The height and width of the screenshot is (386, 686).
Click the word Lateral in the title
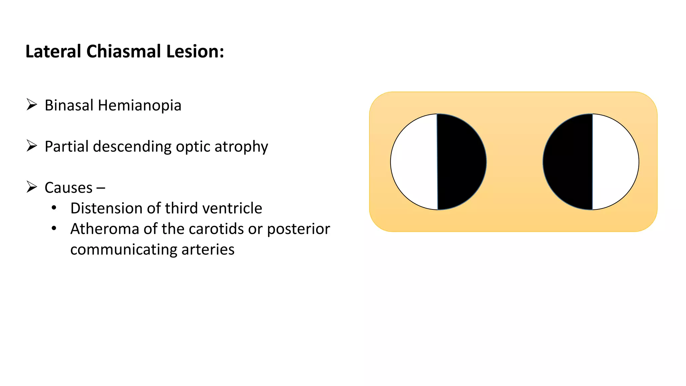pos(53,52)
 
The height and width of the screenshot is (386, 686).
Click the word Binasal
pos(69,105)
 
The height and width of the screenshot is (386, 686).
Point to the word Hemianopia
pos(139,105)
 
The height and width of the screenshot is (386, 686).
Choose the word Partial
pos(67,146)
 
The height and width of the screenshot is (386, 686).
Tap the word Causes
pos(69,188)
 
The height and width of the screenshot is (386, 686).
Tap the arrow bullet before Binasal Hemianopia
pos(32,105)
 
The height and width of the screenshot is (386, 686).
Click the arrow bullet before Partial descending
pos(32,146)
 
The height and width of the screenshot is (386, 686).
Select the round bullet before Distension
pos(54,208)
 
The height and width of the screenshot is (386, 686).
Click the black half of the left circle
pos(462,162)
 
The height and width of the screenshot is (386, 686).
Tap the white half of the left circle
pos(414,162)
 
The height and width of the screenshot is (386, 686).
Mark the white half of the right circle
pos(615,162)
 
